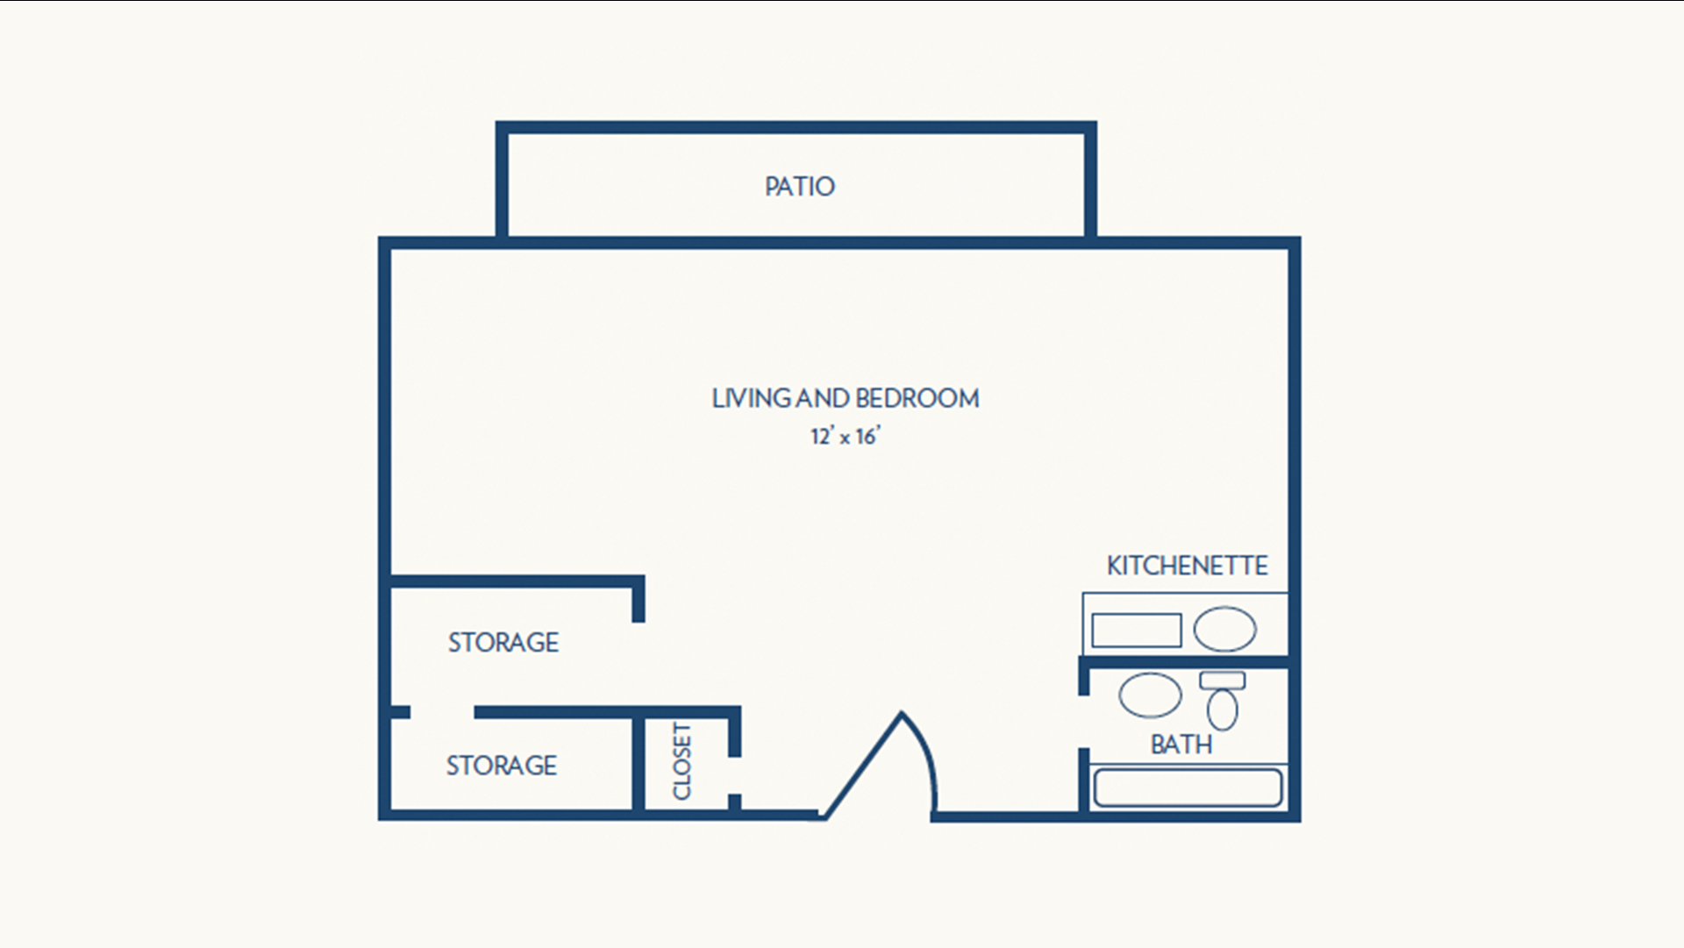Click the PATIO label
[799, 186]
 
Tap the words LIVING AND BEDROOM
[846, 398]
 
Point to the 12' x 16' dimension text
[845, 436]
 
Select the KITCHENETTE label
[1187, 566]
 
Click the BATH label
[1181, 745]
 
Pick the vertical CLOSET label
[681, 761]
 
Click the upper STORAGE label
[503, 643]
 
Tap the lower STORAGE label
[502, 766]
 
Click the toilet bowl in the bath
[1222, 709]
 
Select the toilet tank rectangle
[1223, 681]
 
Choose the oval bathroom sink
[1150, 695]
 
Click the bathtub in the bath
[1187, 788]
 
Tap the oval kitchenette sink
[1224, 629]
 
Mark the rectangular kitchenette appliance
[1137, 630]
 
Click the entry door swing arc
[923, 755]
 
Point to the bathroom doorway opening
[1084, 722]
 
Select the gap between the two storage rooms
[442, 712]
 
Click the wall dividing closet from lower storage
[639, 764]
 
